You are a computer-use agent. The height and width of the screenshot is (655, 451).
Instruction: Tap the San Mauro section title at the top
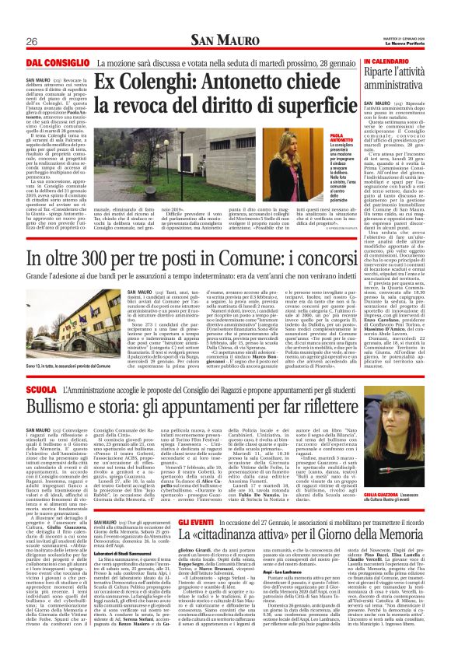pyautogui.click(x=226, y=40)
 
